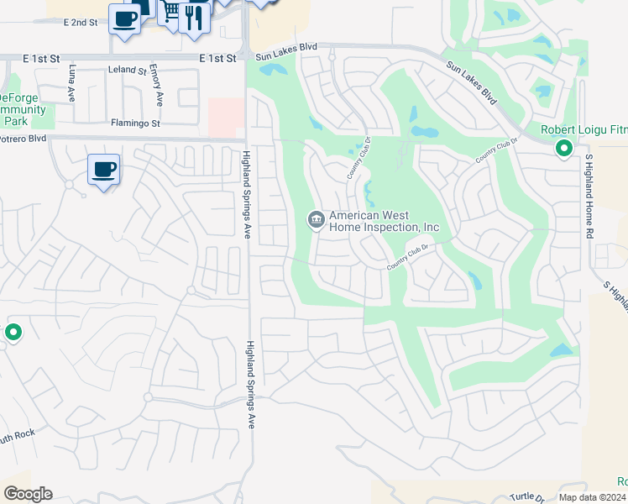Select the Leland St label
click(x=128, y=72)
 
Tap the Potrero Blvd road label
click(x=23, y=139)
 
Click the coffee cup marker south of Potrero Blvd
click(x=103, y=170)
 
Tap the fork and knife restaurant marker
click(x=194, y=17)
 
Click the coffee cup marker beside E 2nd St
click(x=125, y=18)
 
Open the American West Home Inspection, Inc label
click(x=385, y=222)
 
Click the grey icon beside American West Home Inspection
click(x=316, y=220)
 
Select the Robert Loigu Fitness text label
click(x=584, y=129)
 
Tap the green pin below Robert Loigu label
click(x=564, y=150)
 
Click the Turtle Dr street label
click(x=528, y=496)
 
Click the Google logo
click(x=28, y=494)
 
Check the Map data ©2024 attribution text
click(x=592, y=497)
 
